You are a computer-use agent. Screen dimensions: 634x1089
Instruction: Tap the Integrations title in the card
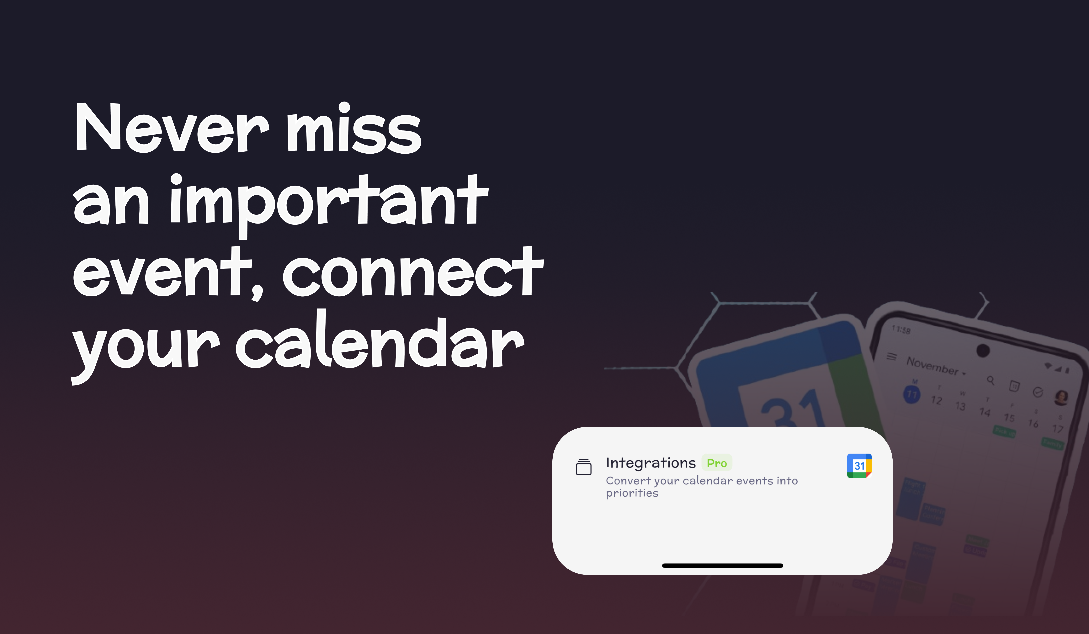[x=650, y=463]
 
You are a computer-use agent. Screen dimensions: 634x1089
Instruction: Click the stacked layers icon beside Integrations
[x=583, y=467]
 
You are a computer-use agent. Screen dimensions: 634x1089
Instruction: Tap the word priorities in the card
[x=632, y=493]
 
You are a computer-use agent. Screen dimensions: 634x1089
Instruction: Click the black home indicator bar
[x=722, y=565]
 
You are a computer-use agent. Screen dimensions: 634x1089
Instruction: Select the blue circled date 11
[x=912, y=394]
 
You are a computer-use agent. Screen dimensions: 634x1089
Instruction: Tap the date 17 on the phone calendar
[x=1057, y=429]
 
